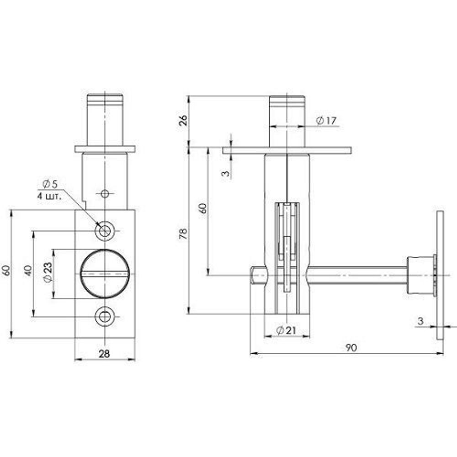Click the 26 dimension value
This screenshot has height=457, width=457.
[x=182, y=121]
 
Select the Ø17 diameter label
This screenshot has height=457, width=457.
[x=326, y=121]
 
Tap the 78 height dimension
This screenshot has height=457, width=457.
[x=182, y=234]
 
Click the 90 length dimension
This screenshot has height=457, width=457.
[x=351, y=348]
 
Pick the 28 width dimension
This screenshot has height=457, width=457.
[x=104, y=354]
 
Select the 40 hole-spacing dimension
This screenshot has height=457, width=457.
[x=28, y=270]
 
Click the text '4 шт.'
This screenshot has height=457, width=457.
[x=49, y=195]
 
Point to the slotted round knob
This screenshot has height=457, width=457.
[x=105, y=274]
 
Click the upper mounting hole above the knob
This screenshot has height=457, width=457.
[x=105, y=231]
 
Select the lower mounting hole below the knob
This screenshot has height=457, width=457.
[x=105, y=317]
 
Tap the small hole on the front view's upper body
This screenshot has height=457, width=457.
[x=105, y=194]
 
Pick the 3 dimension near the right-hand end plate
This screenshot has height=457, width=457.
[x=420, y=321]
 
